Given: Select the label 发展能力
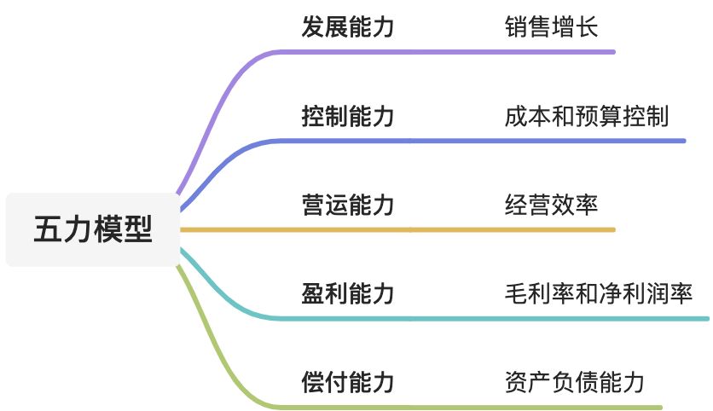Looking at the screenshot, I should [348, 27].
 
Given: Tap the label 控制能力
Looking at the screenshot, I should [348, 116].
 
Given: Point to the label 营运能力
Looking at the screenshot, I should [348, 205].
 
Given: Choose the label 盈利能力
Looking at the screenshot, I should [348, 294].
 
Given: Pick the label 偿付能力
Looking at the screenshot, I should [348, 382].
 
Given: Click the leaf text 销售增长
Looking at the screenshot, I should [551, 27].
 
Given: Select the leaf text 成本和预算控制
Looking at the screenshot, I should [587, 116].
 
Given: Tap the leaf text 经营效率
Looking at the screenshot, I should [551, 205].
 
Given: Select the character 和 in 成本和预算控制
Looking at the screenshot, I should [563, 116].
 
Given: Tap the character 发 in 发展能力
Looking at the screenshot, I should [313, 27].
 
